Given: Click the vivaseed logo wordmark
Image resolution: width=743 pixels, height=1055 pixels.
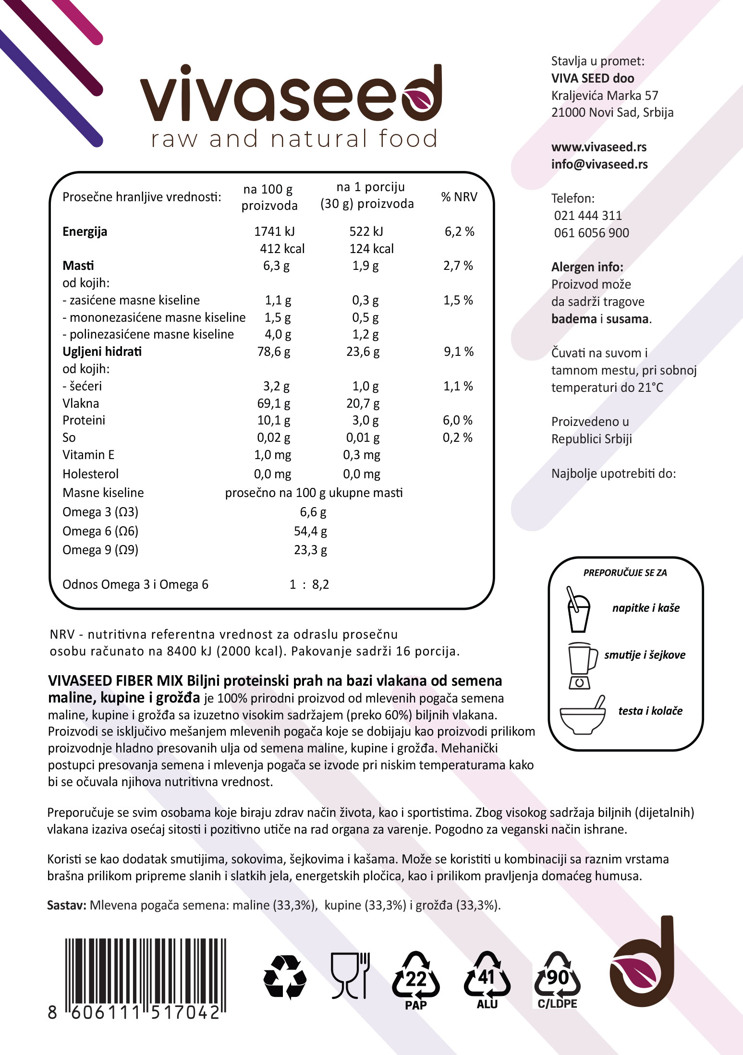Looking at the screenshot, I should pyautogui.click(x=291, y=94).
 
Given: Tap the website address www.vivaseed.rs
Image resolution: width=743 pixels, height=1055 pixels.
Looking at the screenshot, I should pyautogui.click(x=598, y=147).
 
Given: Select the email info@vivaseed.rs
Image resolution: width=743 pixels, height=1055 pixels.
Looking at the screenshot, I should pyautogui.click(x=599, y=164).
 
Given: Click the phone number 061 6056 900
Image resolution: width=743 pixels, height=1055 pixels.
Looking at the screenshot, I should pyautogui.click(x=591, y=233).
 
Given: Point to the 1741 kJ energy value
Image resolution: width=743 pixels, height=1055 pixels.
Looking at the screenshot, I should pyautogui.click(x=274, y=231).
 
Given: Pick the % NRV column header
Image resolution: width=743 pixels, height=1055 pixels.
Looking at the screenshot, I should pyautogui.click(x=459, y=197).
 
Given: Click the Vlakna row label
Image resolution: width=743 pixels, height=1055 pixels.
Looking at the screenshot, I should pyautogui.click(x=81, y=403).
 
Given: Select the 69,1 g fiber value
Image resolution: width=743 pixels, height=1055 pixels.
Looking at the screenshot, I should pyautogui.click(x=274, y=403).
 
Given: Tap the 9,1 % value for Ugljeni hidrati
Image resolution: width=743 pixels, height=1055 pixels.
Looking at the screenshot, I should pyautogui.click(x=458, y=352).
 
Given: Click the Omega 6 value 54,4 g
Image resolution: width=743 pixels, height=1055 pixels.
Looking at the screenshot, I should pyautogui.click(x=310, y=531).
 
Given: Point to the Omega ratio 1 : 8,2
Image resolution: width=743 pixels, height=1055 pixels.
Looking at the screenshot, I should pyautogui.click(x=309, y=584).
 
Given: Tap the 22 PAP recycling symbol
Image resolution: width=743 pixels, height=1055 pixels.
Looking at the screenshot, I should pyautogui.click(x=415, y=980).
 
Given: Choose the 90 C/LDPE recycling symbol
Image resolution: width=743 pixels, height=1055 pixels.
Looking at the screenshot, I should pyautogui.click(x=557, y=980).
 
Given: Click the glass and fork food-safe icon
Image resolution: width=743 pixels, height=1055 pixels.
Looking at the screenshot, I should pyautogui.click(x=350, y=975).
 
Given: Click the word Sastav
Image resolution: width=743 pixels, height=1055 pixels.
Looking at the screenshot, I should pyautogui.click(x=66, y=905).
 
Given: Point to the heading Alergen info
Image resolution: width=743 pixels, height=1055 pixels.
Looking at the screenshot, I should pyautogui.click(x=587, y=267).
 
